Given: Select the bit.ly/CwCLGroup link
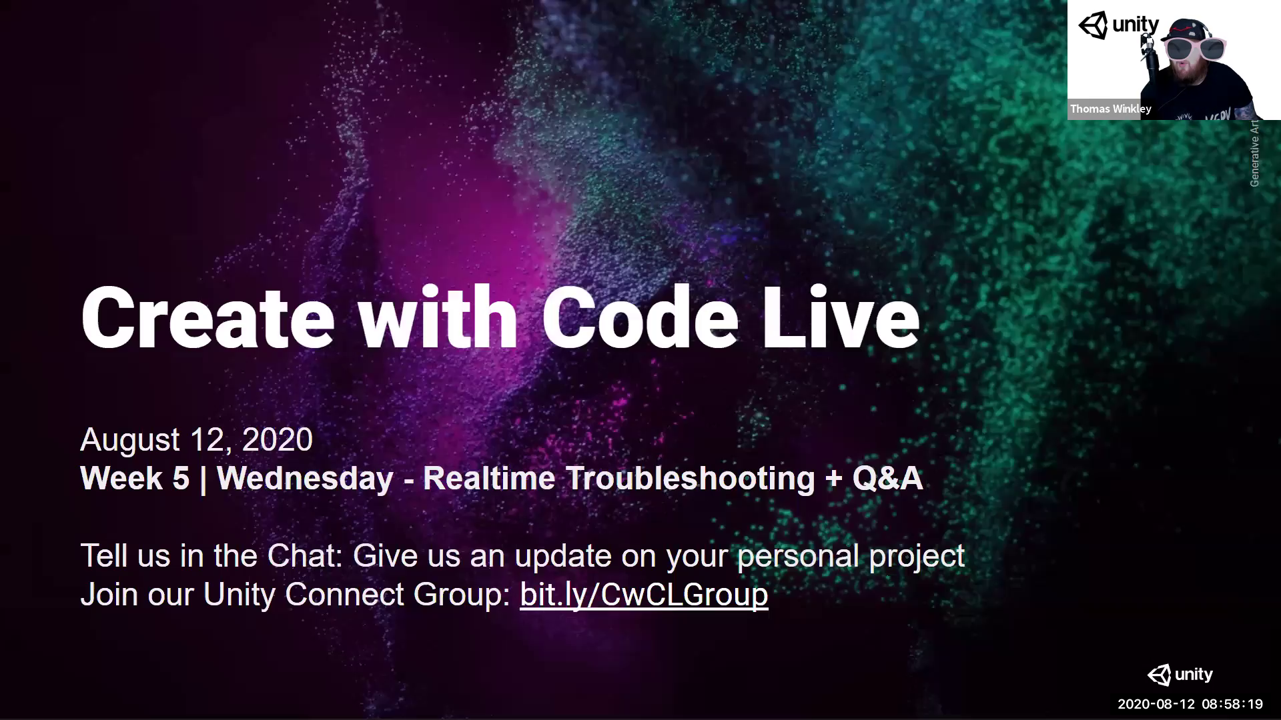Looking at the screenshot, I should tap(644, 594).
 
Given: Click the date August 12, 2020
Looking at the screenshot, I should tap(196, 440).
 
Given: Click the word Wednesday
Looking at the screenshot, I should tap(305, 479).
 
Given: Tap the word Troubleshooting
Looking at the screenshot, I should tap(691, 479).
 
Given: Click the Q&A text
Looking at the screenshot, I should tap(887, 479).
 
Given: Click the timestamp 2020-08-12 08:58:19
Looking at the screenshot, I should tap(1190, 704).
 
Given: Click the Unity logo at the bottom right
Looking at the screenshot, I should tap(1180, 675).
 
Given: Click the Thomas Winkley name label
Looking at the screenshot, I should tap(1110, 109).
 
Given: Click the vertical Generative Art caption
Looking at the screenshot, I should tap(1254, 153).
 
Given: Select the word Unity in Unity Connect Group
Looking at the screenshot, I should tap(238, 594).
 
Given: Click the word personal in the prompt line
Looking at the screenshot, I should tap(797, 556).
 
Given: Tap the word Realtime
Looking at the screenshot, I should tap(489, 479).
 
